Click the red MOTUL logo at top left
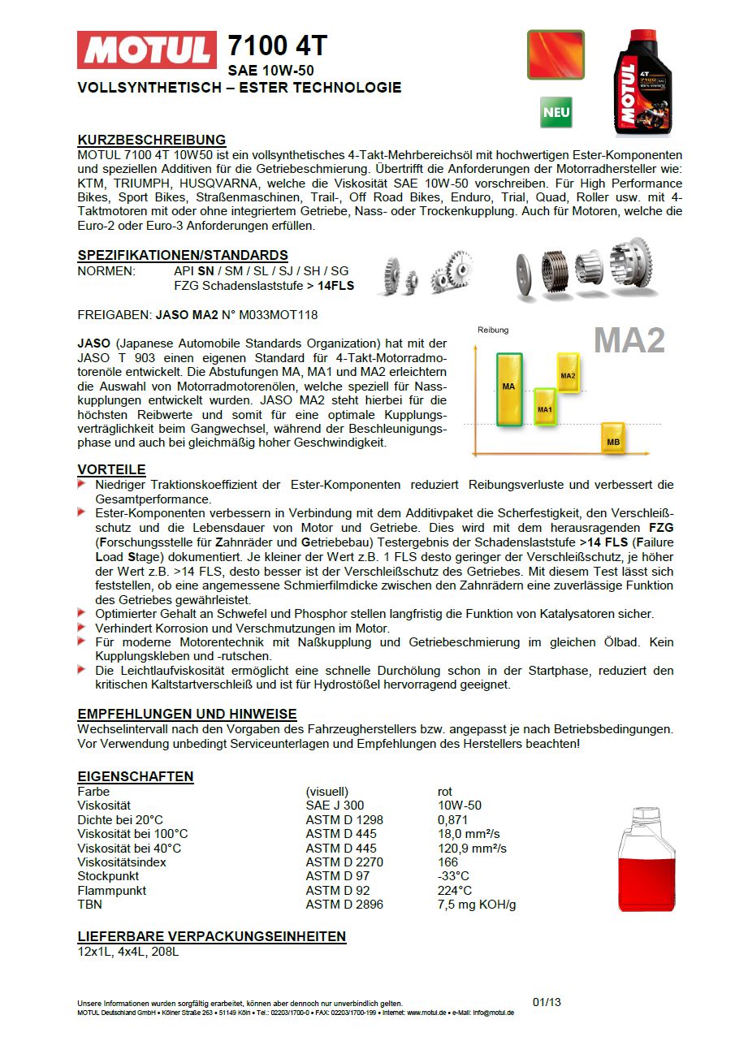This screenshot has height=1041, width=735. click(x=147, y=50)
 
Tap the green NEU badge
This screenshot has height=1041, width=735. click(x=556, y=112)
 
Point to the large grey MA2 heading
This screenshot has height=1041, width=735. click(x=629, y=340)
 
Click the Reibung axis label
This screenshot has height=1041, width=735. click(x=493, y=330)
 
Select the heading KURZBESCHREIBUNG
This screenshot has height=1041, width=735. click(x=151, y=140)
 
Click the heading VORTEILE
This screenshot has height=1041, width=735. click(x=111, y=469)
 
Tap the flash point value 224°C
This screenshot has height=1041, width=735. click(x=454, y=890)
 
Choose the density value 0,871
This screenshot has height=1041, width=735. click(x=452, y=820)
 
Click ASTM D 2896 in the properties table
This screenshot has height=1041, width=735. click(x=344, y=905)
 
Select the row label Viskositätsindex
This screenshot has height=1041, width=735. click(x=121, y=862)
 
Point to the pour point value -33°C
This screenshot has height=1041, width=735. click(x=453, y=876)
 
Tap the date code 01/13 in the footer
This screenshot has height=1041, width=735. click(x=547, y=1002)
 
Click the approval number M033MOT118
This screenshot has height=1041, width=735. click(x=268, y=314)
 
